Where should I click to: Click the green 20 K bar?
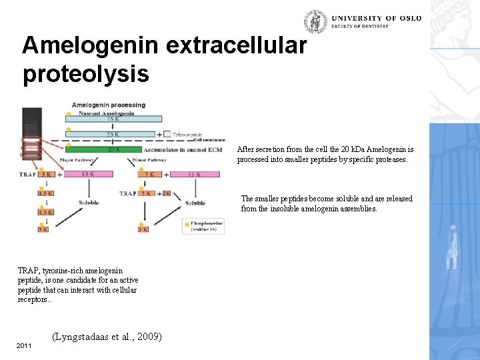point(113,149)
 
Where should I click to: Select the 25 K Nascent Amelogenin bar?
point(113,119)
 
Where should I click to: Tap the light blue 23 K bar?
point(113,134)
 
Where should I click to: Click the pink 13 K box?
point(87,175)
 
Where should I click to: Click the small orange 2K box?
point(166,193)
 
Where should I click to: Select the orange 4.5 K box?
point(46,193)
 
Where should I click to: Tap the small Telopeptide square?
point(167,134)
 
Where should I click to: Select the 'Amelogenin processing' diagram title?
point(108,105)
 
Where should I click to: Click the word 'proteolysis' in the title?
point(85,73)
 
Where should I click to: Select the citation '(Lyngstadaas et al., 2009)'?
point(106,337)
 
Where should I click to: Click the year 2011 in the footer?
point(24,346)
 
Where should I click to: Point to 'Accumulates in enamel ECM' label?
point(194,149)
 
